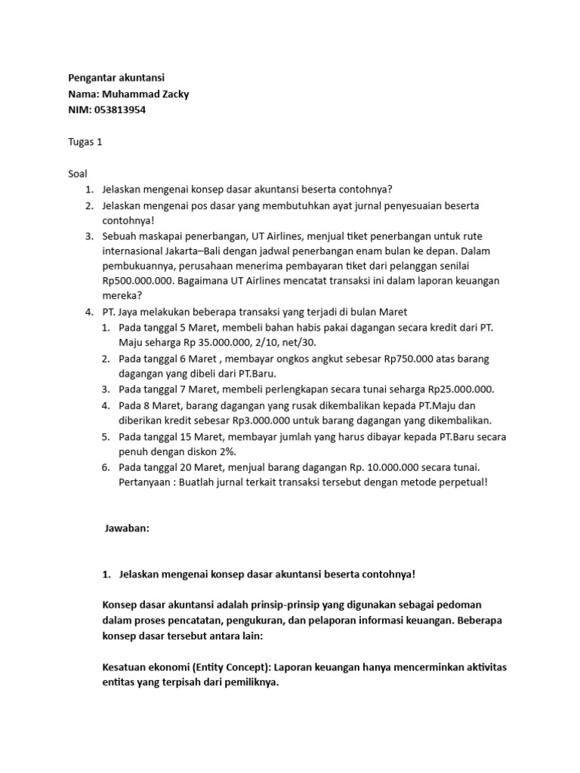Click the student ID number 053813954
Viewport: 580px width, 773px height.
pos(120,109)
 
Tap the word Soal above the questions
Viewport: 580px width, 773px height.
pos(78,173)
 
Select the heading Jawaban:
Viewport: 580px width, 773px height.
pos(127,529)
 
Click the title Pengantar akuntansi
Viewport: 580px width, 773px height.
pos(116,78)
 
